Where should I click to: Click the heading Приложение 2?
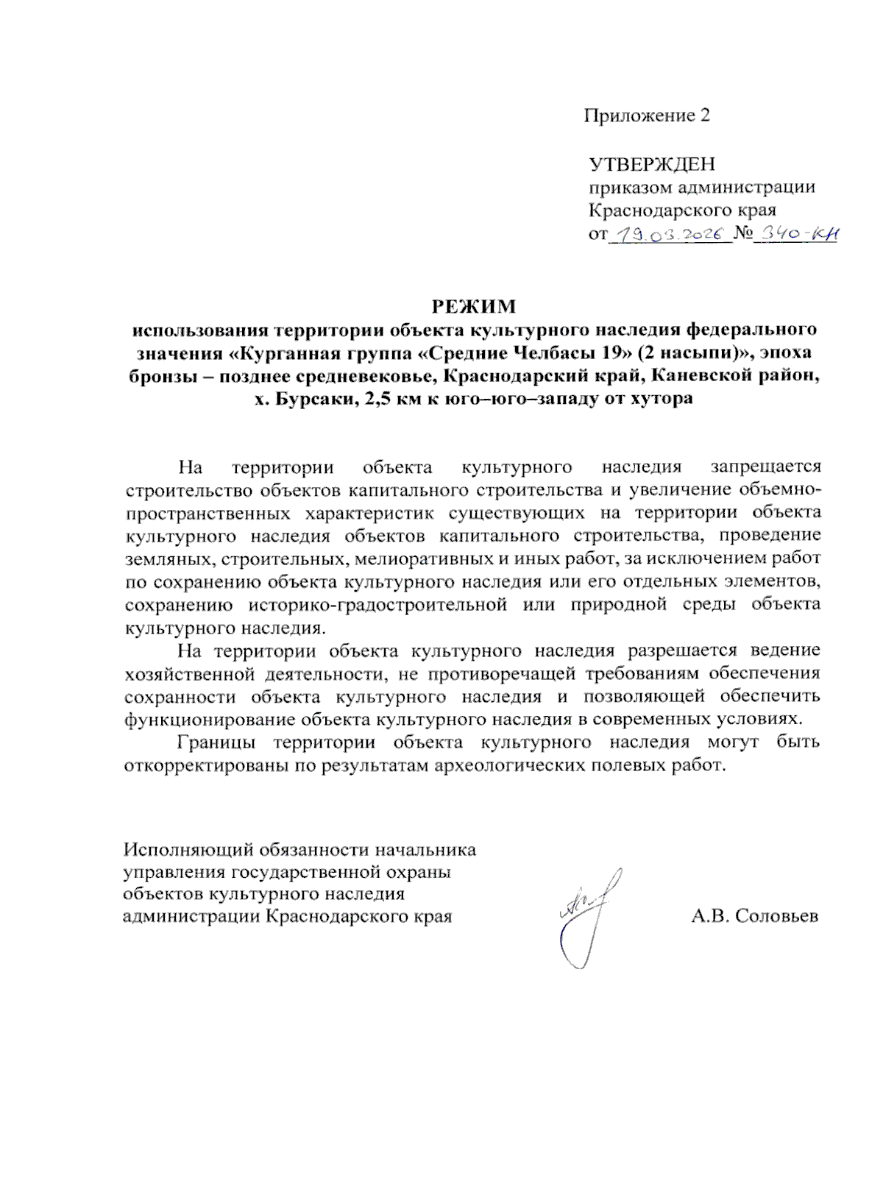pos(647,116)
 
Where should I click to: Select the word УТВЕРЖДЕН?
pos(651,164)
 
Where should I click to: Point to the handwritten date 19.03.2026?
pos(669,235)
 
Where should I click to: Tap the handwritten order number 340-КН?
pos(800,235)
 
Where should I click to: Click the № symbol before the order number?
pos(744,235)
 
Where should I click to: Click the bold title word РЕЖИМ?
pos(473,306)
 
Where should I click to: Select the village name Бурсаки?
pos(311,399)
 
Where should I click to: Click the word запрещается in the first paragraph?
pos(765,467)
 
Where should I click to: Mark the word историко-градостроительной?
pos(377,605)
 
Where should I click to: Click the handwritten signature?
pos(589,916)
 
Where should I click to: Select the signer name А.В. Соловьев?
pos(754,916)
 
